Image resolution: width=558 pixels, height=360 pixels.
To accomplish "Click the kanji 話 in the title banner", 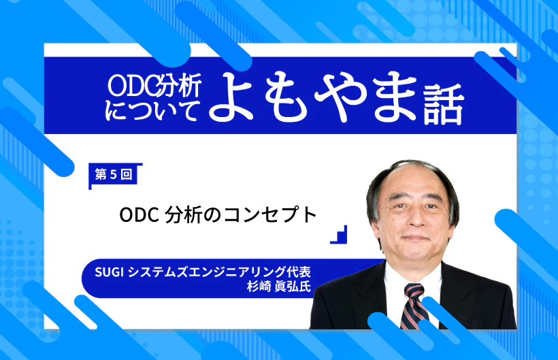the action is (444, 105).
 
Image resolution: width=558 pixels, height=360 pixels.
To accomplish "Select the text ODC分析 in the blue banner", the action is (154, 85).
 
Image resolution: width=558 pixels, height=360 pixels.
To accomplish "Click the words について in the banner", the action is (152, 110).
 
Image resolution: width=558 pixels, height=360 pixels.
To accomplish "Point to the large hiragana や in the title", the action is (340, 97).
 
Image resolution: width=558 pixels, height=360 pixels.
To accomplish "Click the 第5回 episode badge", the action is (114, 175).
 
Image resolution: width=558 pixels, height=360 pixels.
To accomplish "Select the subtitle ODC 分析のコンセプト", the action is (218, 215).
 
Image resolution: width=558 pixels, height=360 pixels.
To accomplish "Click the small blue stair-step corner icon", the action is (338, 234).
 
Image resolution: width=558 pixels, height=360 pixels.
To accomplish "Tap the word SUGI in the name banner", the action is (110, 272).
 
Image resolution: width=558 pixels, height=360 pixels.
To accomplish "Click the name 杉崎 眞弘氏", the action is (279, 287).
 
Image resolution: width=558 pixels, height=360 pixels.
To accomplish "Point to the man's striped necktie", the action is (414, 306).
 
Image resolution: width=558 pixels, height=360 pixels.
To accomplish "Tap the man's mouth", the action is (415, 238).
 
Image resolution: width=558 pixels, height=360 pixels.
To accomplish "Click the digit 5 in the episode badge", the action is (114, 175).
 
